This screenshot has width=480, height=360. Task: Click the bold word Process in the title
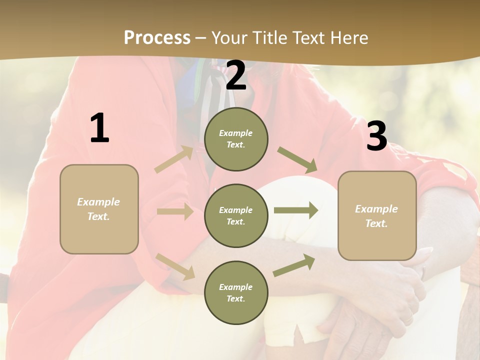157,37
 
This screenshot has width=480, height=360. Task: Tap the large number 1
99,128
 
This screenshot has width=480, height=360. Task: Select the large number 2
236,75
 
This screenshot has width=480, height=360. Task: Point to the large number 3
376,136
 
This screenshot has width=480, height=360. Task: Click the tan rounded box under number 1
99,209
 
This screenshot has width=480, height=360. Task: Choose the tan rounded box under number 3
377,215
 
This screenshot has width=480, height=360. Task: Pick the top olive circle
236,139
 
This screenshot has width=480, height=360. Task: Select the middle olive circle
236,215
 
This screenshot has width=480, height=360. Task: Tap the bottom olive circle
236,292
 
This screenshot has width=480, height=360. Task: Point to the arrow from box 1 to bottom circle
175,266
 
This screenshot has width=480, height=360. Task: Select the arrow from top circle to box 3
297,160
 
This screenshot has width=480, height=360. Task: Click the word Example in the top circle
235,133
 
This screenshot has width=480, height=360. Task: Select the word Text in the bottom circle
235,298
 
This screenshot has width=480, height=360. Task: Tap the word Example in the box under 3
376,209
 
